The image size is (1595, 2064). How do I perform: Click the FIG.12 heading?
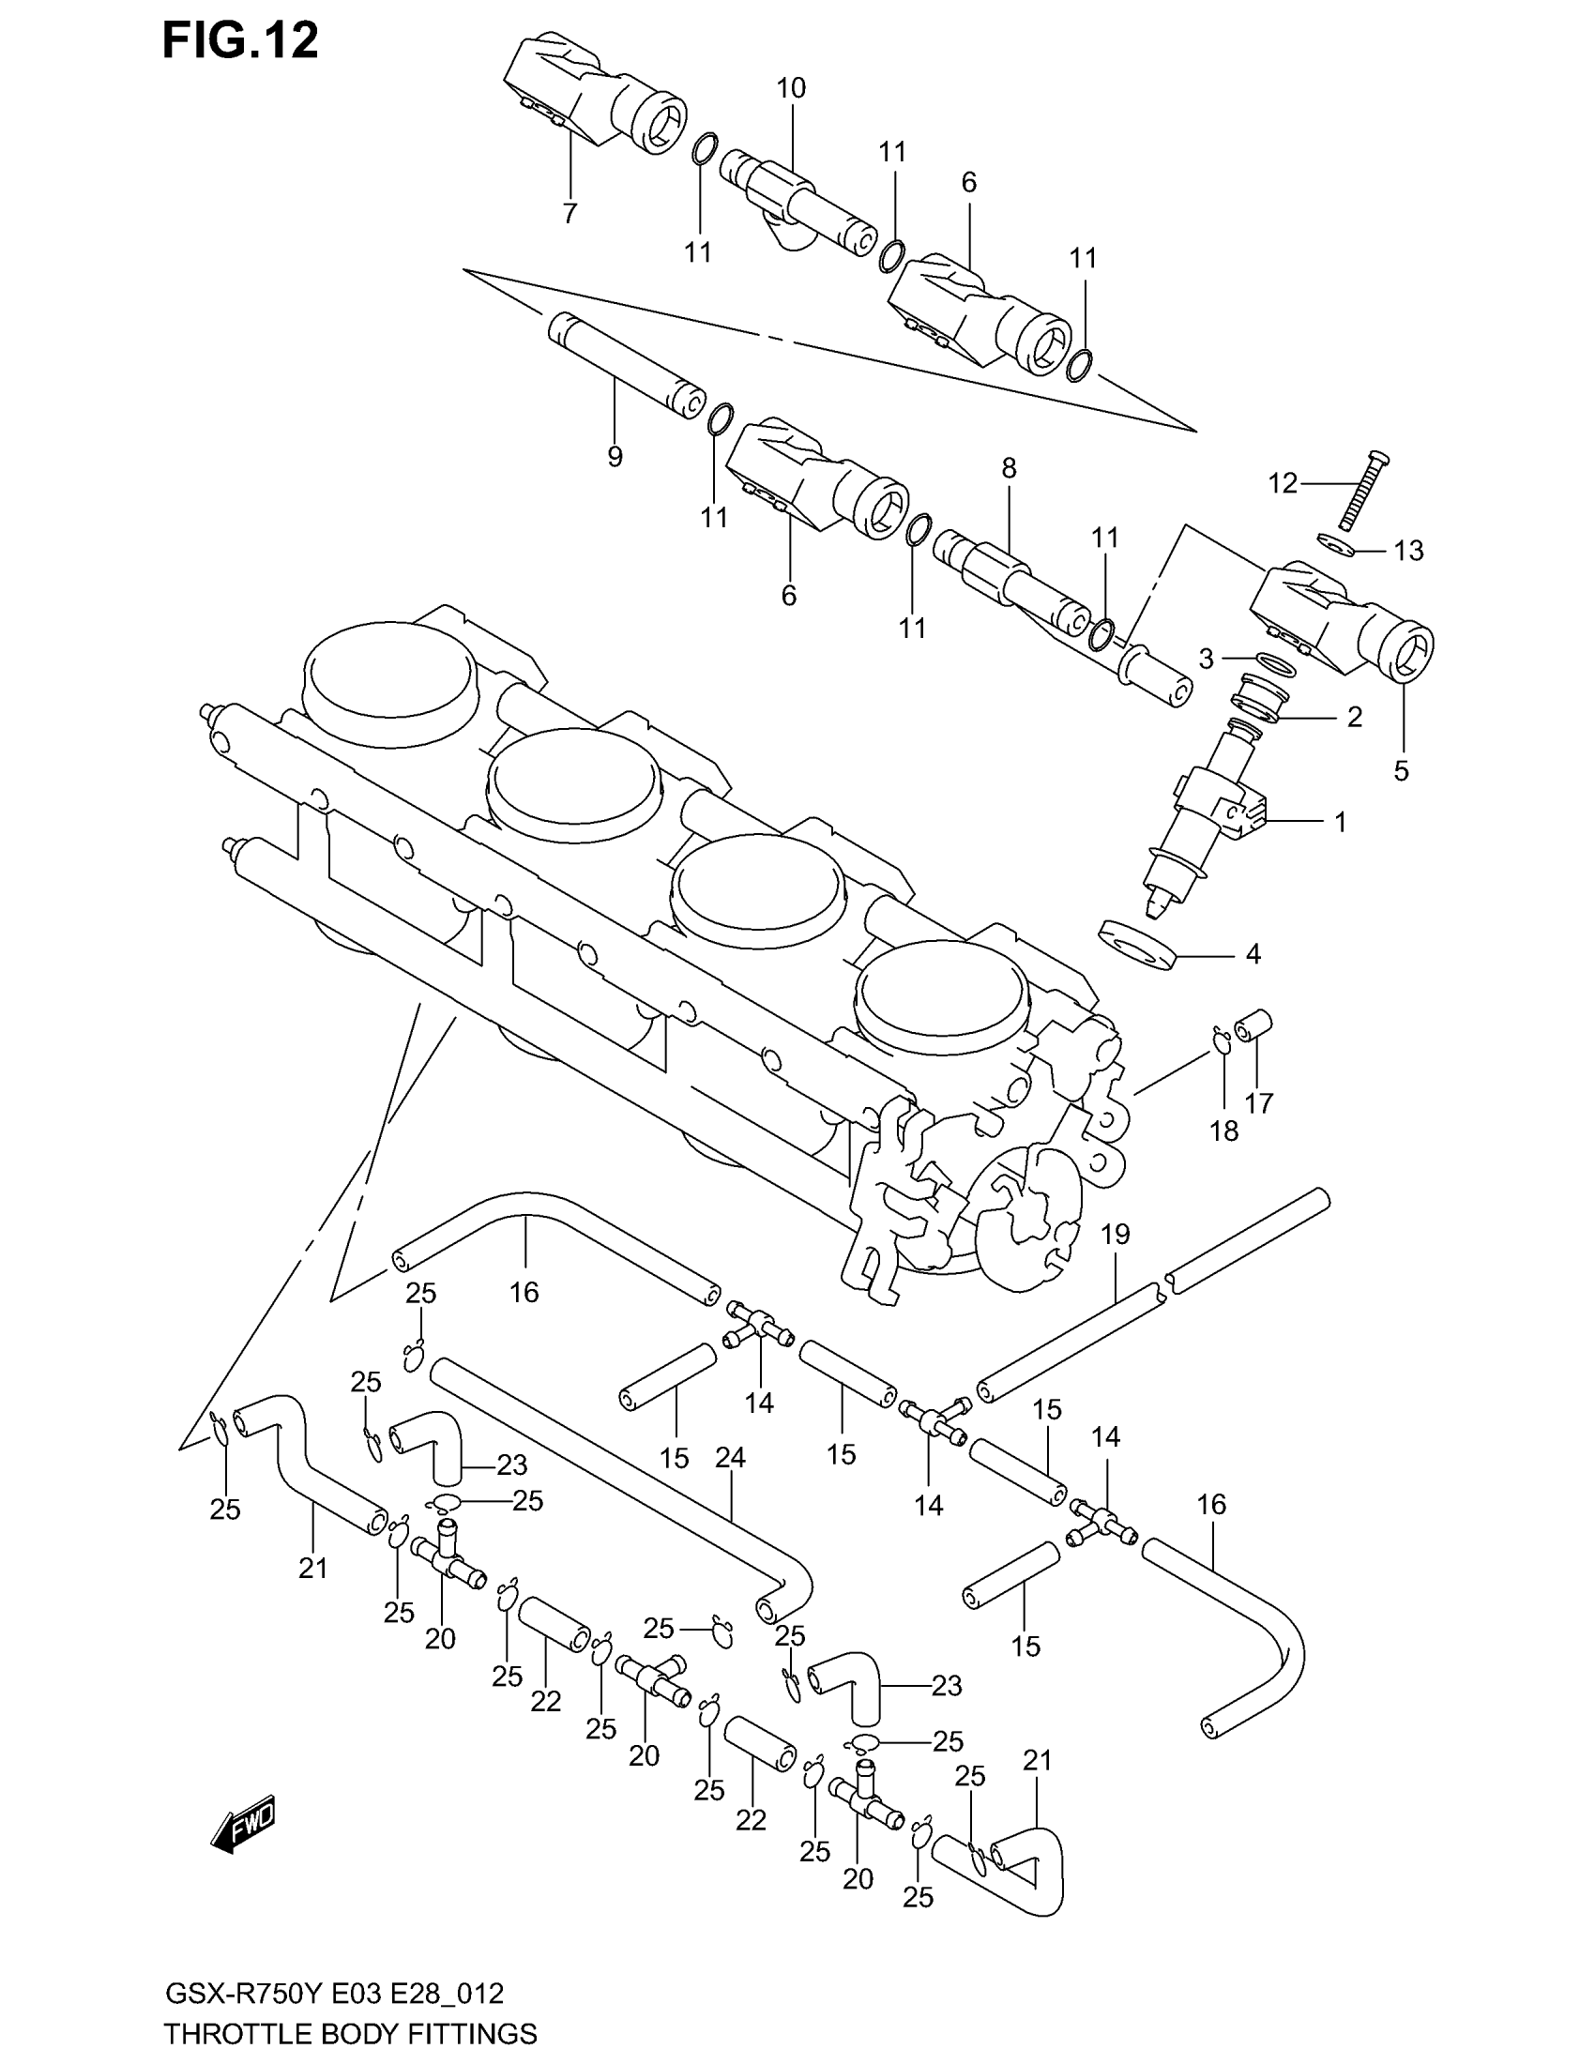click(x=240, y=42)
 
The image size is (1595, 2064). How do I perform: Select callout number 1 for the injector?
click(x=1339, y=822)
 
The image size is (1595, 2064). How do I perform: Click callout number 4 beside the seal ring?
click(x=1253, y=954)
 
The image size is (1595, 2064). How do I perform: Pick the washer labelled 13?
click(x=1335, y=541)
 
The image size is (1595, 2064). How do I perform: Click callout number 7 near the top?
click(x=569, y=214)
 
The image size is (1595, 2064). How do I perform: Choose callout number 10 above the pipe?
click(x=791, y=89)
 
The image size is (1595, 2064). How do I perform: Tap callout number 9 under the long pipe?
click(x=615, y=458)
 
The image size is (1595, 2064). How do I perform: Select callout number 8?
click(x=1010, y=468)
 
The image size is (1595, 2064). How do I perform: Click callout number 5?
click(x=1401, y=771)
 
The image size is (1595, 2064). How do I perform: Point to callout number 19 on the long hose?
click(x=1116, y=1234)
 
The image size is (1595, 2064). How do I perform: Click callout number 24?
click(x=730, y=1458)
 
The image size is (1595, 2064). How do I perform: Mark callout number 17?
click(x=1259, y=1102)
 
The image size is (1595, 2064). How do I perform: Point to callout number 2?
click(x=1354, y=718)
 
